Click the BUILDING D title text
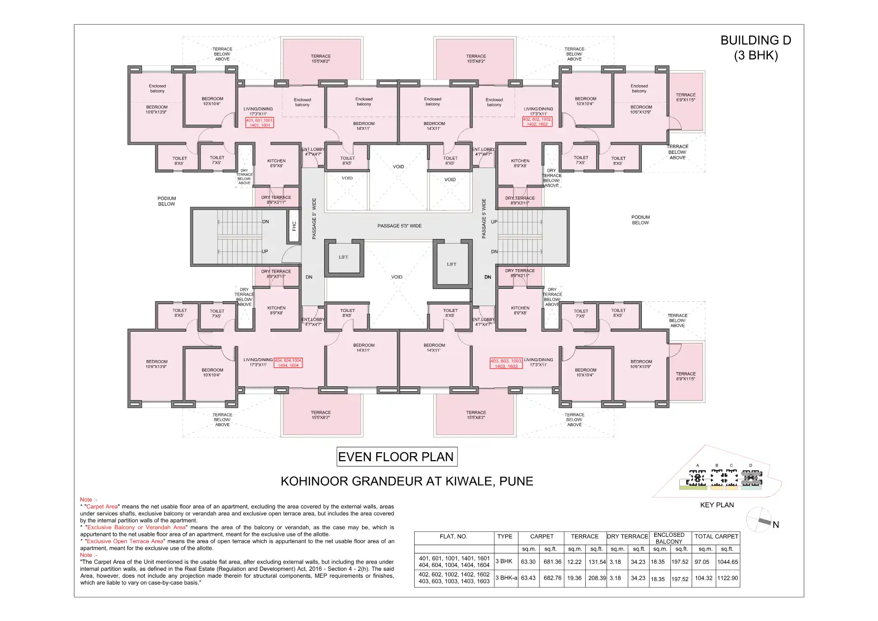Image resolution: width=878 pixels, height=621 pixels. (x=756, y=41)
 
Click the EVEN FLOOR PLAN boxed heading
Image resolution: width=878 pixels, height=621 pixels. (x=396, y=457)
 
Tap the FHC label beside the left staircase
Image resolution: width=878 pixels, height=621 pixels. (x=294, y=226)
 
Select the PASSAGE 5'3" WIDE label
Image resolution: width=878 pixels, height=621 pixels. (x=399, y=226)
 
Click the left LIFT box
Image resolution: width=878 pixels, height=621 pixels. (x=343, y=257)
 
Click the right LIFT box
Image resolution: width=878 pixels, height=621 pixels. (x=452, y=264)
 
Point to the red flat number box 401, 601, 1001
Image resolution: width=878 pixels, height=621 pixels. (x=259, y=123)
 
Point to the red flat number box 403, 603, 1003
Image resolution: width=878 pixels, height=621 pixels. (x=506, y=364)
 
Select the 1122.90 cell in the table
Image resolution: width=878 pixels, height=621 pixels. (x=727, y=578)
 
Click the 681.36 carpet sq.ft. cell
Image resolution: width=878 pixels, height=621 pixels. (x=552, y=562)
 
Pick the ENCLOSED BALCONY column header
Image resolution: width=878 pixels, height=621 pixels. (x=669, y=538)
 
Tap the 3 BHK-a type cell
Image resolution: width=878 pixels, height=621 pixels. (x=506, y=578)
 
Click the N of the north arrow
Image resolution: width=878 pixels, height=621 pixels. (x=776, y=525)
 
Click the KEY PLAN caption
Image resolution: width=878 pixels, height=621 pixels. (x=717, y=505)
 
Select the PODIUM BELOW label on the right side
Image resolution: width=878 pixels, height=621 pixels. (x=640, y=220)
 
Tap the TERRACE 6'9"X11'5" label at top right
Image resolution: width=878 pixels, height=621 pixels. (x=685, y=97)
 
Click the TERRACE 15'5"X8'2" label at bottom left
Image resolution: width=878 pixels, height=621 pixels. (x=321, y=415)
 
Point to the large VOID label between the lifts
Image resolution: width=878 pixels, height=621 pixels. (x=396, y=277)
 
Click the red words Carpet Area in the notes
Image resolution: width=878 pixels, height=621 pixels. (x=102, y=506)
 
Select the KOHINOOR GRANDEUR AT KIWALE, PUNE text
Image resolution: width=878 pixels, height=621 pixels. (x=407, y=481)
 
